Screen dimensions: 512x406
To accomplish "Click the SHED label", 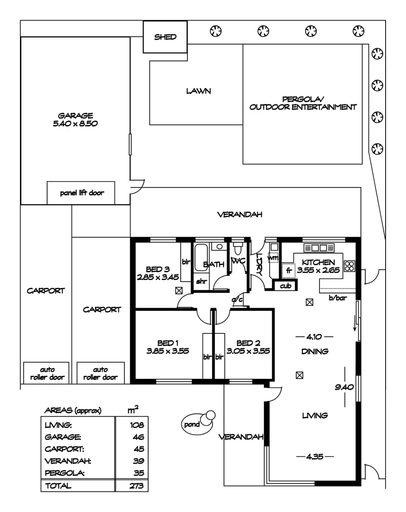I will coord(165,37).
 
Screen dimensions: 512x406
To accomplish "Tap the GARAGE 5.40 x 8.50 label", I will coord(75,119).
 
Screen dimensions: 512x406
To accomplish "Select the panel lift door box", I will coord(81,193).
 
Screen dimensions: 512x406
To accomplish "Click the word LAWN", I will coord(198,91).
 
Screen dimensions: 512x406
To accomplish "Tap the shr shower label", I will coord(202,281).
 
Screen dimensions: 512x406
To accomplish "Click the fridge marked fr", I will coord(288,271).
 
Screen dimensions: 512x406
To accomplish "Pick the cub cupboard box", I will coord(285,286).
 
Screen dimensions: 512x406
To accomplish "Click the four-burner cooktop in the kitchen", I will coord(350,266).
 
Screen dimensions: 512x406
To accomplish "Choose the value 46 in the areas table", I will coord(139,437).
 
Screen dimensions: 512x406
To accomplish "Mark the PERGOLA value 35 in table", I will coord(139,473).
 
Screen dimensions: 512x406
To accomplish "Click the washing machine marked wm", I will coord(273,257).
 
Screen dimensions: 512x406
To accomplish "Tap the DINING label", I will coord(315,351).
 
